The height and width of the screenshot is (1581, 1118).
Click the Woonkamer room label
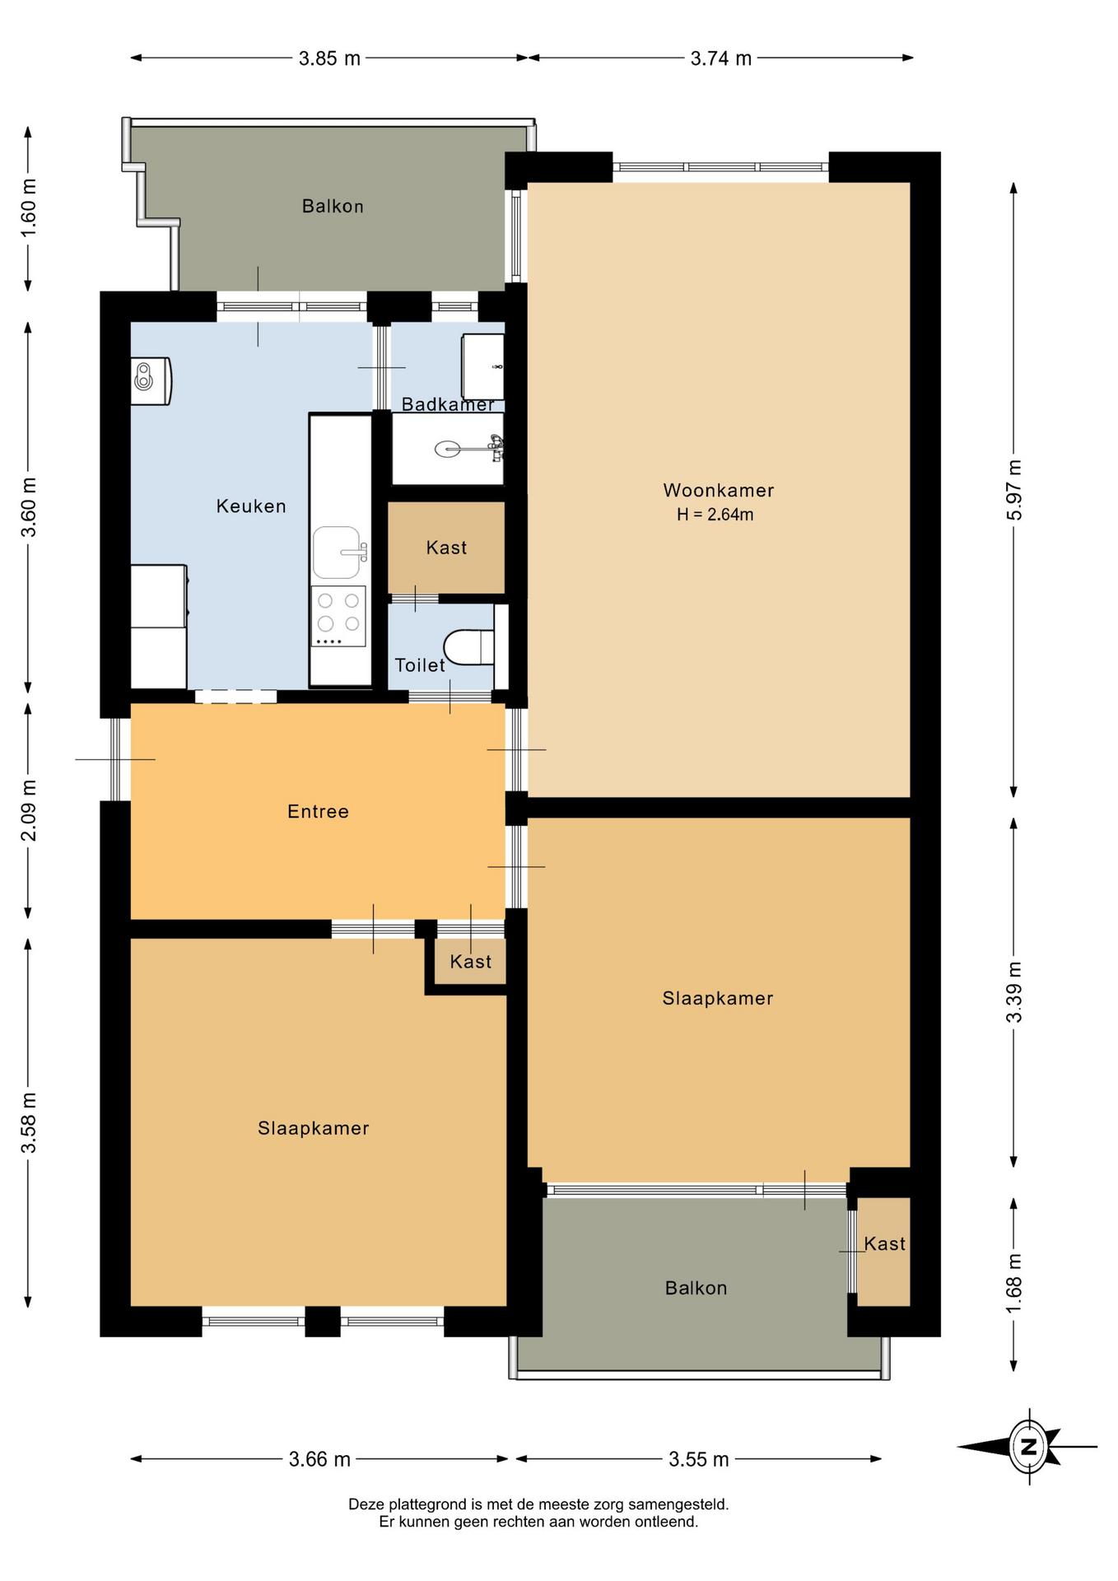coord(718,491)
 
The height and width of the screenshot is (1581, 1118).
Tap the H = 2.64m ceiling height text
coord(715,515)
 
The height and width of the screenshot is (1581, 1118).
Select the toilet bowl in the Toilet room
coord(468,646)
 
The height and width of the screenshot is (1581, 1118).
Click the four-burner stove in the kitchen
coord(338,616)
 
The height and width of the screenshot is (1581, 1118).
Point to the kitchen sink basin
coord(337,552)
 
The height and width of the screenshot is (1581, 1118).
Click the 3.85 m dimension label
coord(329,58)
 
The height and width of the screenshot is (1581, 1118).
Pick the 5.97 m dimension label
coord(1014,490)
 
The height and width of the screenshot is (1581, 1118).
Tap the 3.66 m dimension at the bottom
coord(319,1459)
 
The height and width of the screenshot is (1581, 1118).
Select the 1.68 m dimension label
coord(1014,1284)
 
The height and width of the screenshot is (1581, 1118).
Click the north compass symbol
coord(1028,1446)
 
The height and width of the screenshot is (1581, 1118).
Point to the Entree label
coord(318,812)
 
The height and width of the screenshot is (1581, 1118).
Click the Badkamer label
coord(448,404)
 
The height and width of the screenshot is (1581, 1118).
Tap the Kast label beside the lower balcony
coord(884,1243)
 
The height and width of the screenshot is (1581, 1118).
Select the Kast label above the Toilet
coord(446,548)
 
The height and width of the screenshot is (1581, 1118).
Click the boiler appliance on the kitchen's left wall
coord(151,380)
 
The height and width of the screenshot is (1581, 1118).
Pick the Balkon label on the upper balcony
coord(333,206)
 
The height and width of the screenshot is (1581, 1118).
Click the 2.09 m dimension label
coord(29,810)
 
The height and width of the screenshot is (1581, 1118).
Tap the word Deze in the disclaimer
coord(366,1504)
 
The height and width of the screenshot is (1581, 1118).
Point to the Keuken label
coord(251,506)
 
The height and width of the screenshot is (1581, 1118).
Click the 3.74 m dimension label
coord(721,58)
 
